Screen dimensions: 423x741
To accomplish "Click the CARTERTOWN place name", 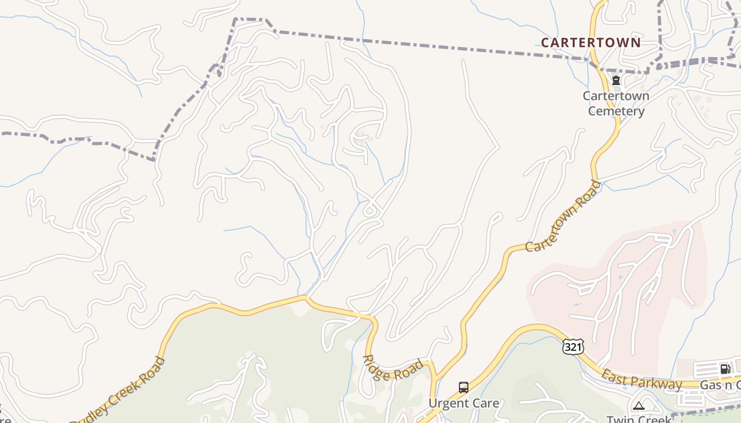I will pos(591,43).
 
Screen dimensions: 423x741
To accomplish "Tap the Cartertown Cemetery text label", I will pos(616,104).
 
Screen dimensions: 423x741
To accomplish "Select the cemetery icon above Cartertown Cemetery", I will pos(616,81).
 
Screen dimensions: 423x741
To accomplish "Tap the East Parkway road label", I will pos(641,380).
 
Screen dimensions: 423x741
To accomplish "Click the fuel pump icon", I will pos(725,369).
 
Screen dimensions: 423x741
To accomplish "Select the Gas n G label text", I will pos(720,385).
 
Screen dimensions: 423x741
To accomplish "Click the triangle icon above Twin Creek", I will pos(638,406).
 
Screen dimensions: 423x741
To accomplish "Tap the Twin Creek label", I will pos(638,419).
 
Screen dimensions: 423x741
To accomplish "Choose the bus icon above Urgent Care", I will pos(464,388).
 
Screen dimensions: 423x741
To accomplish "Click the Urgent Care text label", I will pos(464,403).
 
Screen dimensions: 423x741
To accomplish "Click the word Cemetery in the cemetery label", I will pos(616,111).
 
